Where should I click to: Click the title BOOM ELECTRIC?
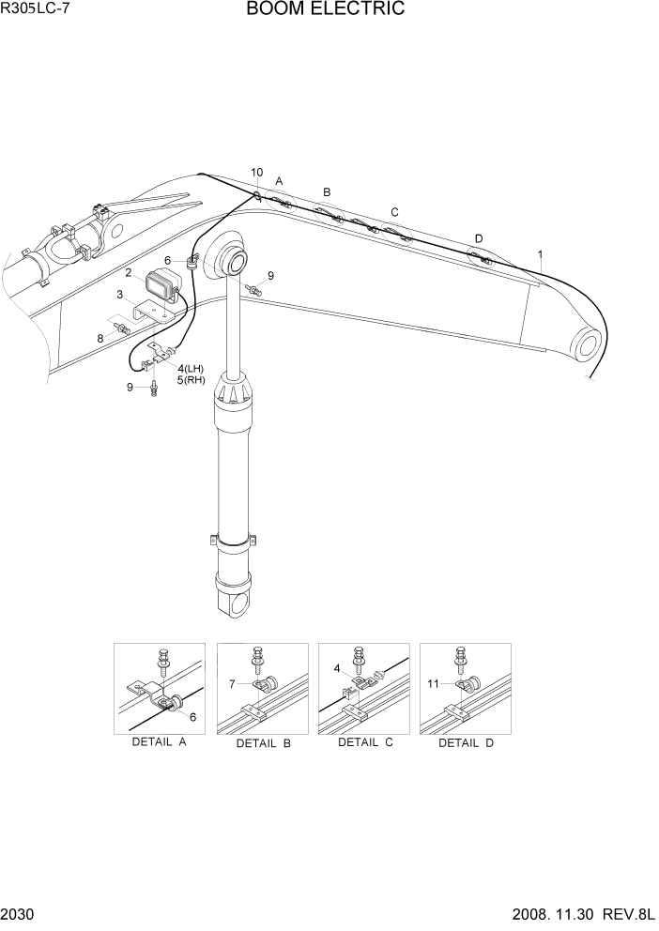tap(326, 10)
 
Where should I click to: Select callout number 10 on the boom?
tap(257, 173)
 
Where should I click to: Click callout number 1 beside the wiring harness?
tap(540, 253)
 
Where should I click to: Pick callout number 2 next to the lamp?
tap(128, 273)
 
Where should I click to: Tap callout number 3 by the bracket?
tap(120, 295)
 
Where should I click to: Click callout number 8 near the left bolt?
tap(100, 338)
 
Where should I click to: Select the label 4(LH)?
tap(191, 368)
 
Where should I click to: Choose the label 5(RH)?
tap(191, 380)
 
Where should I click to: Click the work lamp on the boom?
tap(162, 285)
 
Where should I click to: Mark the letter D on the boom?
tap(479, 238)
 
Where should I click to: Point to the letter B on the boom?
tap(327, 192)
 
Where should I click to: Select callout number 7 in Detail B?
tap(232, 685)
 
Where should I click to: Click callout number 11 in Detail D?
tap(434, 684)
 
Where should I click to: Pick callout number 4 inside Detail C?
tap(338, 668)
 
